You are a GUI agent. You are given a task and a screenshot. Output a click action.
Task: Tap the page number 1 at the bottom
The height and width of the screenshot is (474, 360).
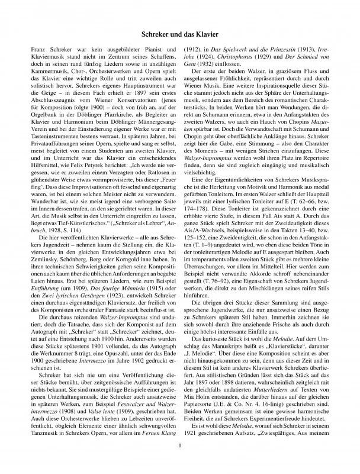179,454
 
